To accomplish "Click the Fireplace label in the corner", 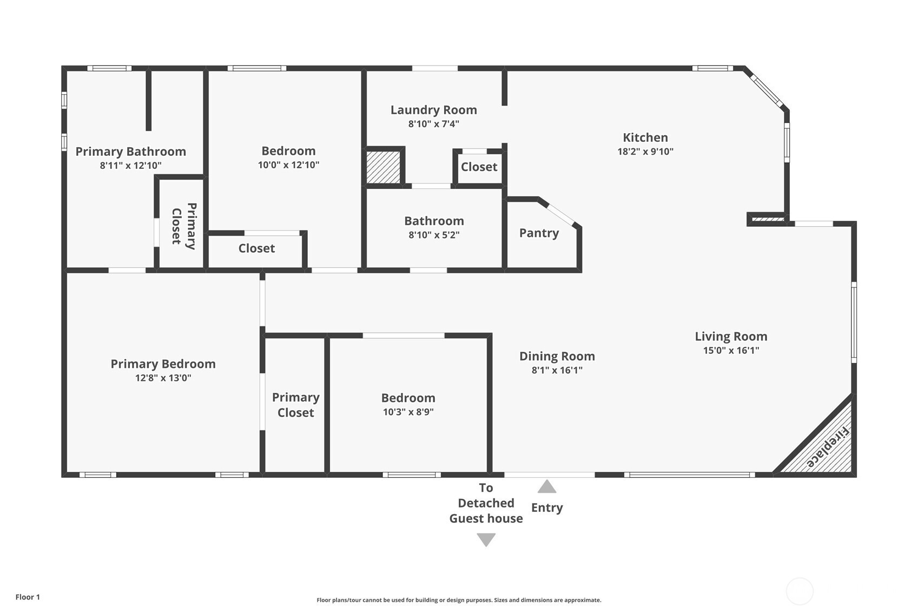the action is pos(828,447).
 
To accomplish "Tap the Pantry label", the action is pos(539,233).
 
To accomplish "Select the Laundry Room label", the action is pos(434,110).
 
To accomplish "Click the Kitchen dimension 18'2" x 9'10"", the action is pos(645,152).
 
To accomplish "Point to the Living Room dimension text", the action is pos(731,351).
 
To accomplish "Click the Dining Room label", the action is pos(557,356).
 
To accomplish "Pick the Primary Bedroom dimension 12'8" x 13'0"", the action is pos(163,378).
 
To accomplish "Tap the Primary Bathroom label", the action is pos(131,152).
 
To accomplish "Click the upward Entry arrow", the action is pos(547,486).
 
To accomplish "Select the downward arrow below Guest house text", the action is pos(486,539).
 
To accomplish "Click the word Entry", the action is pos(547,508).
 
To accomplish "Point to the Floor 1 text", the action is pos(28,597).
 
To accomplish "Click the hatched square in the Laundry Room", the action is pos(383,167).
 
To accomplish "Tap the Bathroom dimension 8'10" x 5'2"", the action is pos(434,235).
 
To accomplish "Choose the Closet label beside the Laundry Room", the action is pos(479,167).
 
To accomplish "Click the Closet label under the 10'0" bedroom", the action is pos(256,248).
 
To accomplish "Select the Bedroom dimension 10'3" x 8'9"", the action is pos(408,412).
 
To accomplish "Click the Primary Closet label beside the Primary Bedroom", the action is pos(295,405).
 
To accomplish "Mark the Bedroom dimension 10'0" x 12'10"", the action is pos(288,165).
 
